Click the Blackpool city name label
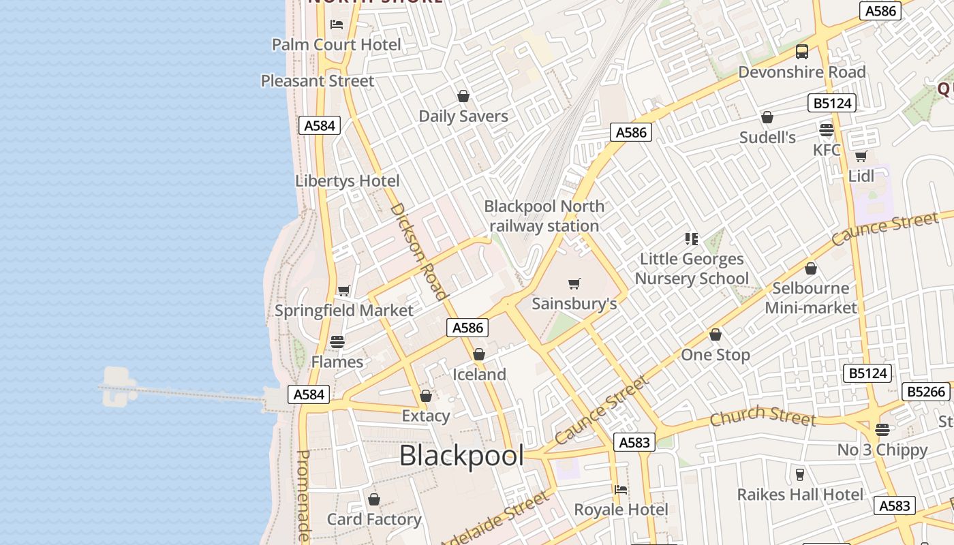pyautogui.click(x=461, y=456)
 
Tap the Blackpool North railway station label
pyautogui.click(x=544, y=216)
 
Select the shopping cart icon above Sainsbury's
pyautogui.click(x=574, y=283)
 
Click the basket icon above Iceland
pyautogui.click(x=479, y=354)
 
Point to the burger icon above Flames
pyautogui.click(x=337, y=341)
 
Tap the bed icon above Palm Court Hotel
pyautogui.click(x=337, y=25)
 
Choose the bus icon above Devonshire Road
pyautogui.click(x=802, y=52)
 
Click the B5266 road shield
pyautogui.click(x=925, y=392)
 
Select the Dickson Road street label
pyautogui.click(x=418, y=251)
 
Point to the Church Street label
pyautogui.click(x=763, y=415)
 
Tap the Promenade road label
pyautogui.click(x=304, y=495)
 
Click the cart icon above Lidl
pyautogui.click(x=861, y=157)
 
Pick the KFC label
pyautogui.click(x=827, y=150)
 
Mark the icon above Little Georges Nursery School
pyautogui.click(x=692, y=239)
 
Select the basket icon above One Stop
pyautogui.click(x=715, y=334)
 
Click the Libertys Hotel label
pyautogui.click(x=348, y=181)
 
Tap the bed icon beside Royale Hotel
pyautogui.click(x=620, y=489)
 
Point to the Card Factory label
pyautogui.click(x=374, y=520)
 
